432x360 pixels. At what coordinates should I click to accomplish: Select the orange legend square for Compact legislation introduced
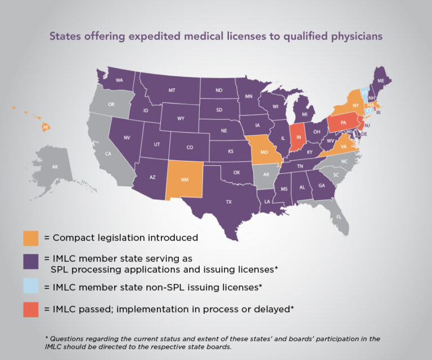[x=31, y=237]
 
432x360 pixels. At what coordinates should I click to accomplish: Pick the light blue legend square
[x=31, y=287]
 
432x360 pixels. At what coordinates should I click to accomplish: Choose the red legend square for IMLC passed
[x=31, y=309]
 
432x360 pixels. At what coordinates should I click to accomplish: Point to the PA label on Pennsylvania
[x=343, y=122]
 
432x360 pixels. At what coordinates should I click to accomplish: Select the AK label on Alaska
[x=55, y=167]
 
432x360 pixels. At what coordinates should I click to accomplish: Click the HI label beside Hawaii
[x=46, y=128]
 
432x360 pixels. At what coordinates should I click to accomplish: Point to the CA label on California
[x=107, y=154]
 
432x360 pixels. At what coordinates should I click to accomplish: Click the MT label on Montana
[x=171, y=90]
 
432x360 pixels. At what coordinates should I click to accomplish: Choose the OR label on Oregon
[x=111, y=105]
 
